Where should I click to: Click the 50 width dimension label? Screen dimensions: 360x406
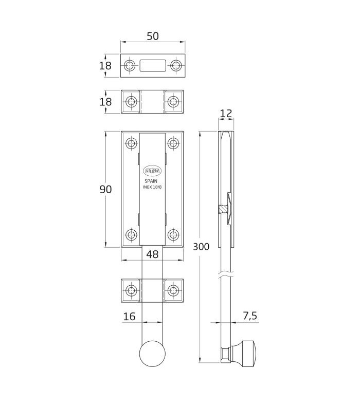pyautogui.click(x=153, y=36)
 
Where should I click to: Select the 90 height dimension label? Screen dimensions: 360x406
pyautogui.click(x=105, y=189)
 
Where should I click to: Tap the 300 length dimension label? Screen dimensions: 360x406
pyautogui.click(x=201, y=247)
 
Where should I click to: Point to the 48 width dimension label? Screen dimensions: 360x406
pyautogui.click(x=152, y=254)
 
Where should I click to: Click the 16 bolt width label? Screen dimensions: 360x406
pyautogui.click(x=129, y=316)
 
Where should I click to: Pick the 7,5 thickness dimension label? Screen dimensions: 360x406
pyautogui.click(x=250, y=316)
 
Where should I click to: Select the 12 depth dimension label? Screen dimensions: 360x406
pyautogui.click(x=226, y=113)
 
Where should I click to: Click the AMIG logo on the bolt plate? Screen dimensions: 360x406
pyautogui.click(x=152, y=171)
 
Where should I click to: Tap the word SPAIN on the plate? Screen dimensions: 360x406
pyautogui.click(x=151, y=181)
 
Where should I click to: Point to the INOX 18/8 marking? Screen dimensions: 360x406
pyautogui.click(x=152, y=187)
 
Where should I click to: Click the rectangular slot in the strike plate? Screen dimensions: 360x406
pyautogui.click(x=153, y=65)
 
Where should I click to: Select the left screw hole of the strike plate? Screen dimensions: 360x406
pyautogui.click(x=129, y=65)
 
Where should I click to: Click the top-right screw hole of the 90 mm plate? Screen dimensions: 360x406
pyautogui.click(x=173, y=143)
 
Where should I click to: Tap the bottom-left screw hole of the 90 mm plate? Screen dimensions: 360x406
pyautogui.click(x=132, y=235)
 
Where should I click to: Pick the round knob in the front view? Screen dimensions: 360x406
pyautogui.click(x=152, y=354)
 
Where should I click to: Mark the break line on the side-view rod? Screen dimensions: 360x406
pyautogui.click(x=226, y=274)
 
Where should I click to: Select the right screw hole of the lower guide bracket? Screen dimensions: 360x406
pyautogui.click(x=173, y=290)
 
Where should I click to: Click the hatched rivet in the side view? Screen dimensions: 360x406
pyautogui.click(x=222, y=209)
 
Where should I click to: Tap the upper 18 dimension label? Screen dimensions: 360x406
pyautogui.click(x=105, y=66)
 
